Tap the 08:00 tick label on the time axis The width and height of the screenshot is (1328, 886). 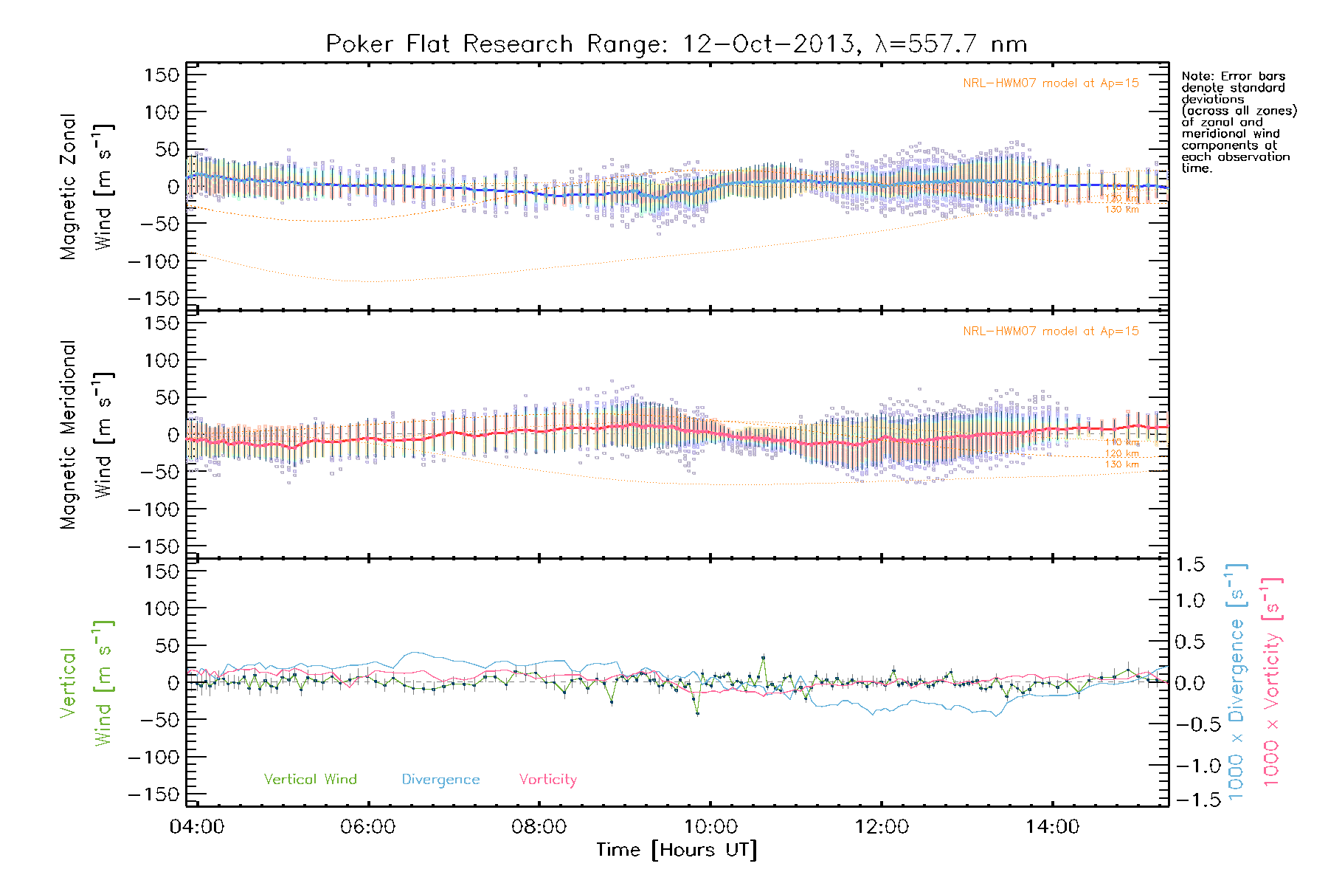tap(539, 827)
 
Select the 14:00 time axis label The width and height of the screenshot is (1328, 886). tap(1052, 827)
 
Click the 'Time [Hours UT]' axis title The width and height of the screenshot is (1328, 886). tap(677, 851)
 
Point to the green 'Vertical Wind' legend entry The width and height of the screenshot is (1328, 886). tap(310, 780)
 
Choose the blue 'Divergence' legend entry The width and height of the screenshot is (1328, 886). tap(440, 780)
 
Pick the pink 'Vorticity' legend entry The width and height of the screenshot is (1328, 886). tap(547, 780)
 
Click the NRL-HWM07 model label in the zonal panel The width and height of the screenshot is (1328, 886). tap(1051, 83)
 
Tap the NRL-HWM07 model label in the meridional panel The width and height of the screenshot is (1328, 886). tap(1051, 332)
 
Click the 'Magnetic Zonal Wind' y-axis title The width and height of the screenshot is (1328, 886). tap(86, 187)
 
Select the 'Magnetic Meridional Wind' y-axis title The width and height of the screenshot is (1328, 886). tap(86, 435)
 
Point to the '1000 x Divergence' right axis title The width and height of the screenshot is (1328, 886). tap(1237, 682)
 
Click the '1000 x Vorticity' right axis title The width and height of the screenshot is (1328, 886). tap(1272, 682)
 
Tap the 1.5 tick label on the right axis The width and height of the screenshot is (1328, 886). tap(1190, 565)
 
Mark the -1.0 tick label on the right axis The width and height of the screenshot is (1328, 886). tap(1190, 766)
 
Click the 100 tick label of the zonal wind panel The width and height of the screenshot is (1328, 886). tap(162, 112)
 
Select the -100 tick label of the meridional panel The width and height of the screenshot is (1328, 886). tap(154, 509)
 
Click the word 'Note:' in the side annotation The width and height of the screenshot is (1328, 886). tap(1197, 76)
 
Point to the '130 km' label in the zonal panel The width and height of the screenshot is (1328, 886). tap(1121, 210)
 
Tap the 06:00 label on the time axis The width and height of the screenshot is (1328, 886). tap(368, 827)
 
